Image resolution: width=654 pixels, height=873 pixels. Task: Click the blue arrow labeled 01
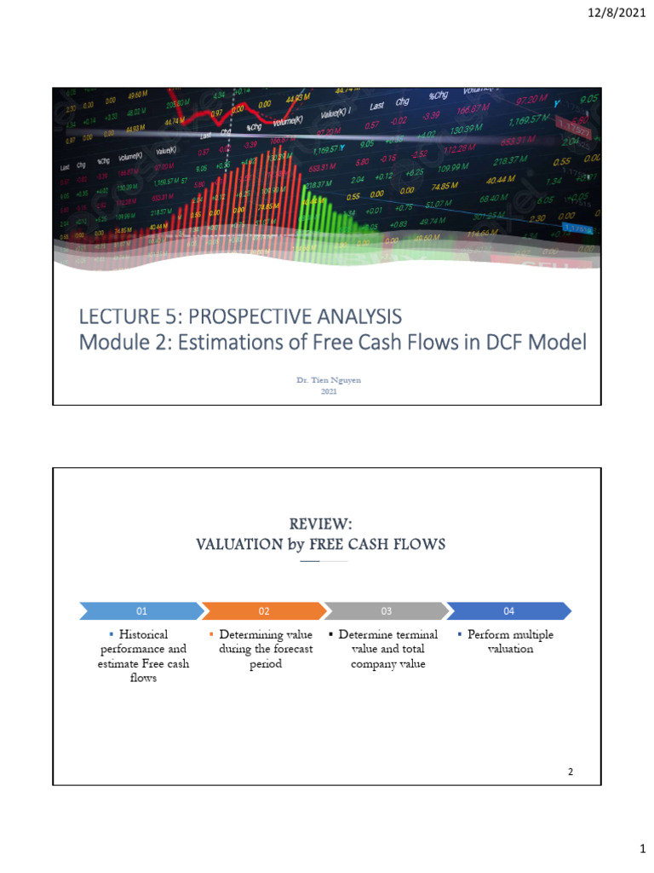pyautogui.click(x=142, y=610)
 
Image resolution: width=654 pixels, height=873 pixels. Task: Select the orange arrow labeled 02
pyautogui.click(x=264, y=610)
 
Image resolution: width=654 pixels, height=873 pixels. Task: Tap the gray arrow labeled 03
pyautogui.click(x=386, y=610)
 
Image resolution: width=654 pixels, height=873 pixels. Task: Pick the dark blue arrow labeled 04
pyautogui.click(x=508, y=610)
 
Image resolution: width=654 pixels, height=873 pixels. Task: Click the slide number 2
pyautogui.click(x=571, y=772)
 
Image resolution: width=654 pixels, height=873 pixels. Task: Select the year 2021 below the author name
pyautogui.click(x=328, y=391)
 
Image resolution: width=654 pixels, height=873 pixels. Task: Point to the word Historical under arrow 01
pyautogui.click(x=144, y=634)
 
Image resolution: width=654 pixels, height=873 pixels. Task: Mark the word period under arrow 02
pyautogui.click(x=265, y=663)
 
